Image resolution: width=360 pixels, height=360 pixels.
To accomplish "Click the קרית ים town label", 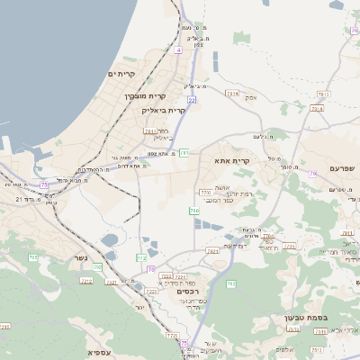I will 121,74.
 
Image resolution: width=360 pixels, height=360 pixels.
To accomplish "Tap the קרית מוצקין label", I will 145,95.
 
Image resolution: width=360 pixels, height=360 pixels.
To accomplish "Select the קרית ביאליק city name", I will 164,111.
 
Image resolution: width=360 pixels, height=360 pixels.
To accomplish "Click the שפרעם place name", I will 342,168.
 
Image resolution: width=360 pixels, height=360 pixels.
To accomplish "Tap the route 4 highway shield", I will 179,50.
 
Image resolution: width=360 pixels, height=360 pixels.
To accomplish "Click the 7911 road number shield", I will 150,131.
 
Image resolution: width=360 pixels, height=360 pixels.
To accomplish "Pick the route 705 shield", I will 97,266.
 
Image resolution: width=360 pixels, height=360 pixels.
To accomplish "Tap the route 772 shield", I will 172,337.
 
